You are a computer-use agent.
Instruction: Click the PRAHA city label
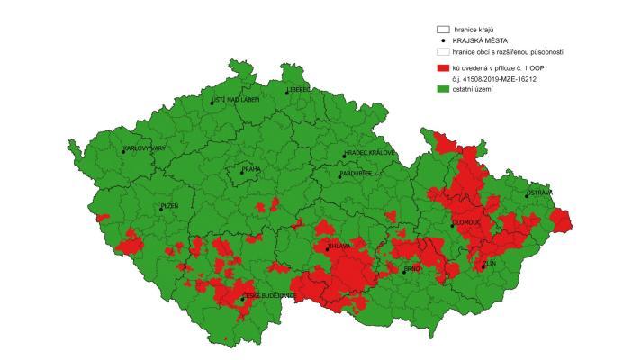[249, 169]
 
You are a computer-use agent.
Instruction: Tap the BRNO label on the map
[412, 268]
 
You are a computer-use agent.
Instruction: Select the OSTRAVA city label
[540, 193]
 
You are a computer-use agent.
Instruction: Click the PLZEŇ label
[169, 206]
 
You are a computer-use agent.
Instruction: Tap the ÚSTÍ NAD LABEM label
[235, 99]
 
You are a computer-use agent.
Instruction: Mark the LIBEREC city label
[300, 90]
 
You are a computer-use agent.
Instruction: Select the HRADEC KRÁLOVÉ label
[370, 153]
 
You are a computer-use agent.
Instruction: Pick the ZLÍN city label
[489, 264]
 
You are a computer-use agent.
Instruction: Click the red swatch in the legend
[442, 68]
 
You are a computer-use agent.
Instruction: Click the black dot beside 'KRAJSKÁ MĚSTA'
[442, 41]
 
